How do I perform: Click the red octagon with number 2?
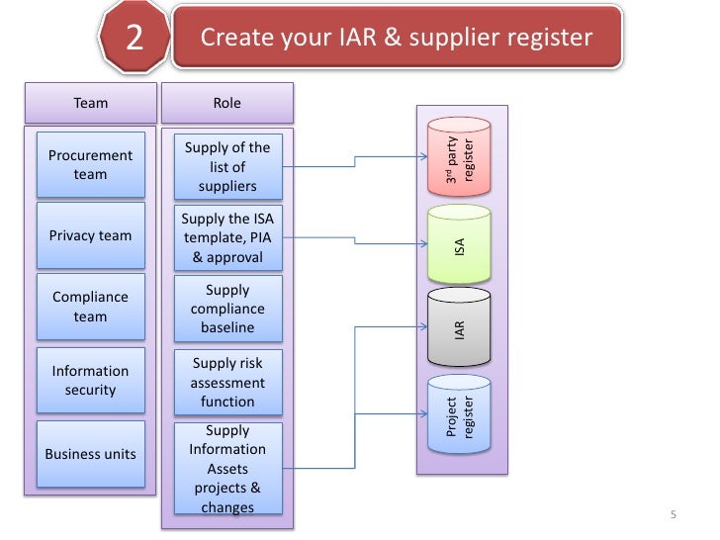click(135, 40)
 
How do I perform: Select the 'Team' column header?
click(91, 103)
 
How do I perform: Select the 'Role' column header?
click(226, 103)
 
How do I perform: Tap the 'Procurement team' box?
click(90, 165)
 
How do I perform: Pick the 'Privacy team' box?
click(90, 235)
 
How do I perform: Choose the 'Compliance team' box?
click(90, 307)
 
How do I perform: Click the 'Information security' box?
click(90, 380)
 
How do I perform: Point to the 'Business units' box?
click(90, 454)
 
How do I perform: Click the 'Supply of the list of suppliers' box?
click(226, 166)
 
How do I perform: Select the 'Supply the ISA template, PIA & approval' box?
click(226, 237)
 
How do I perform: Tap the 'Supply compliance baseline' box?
click(226, 309)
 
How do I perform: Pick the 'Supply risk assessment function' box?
click(226, 382)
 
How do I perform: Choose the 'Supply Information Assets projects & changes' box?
click(226, 469)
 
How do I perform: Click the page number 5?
click(673, 515)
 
